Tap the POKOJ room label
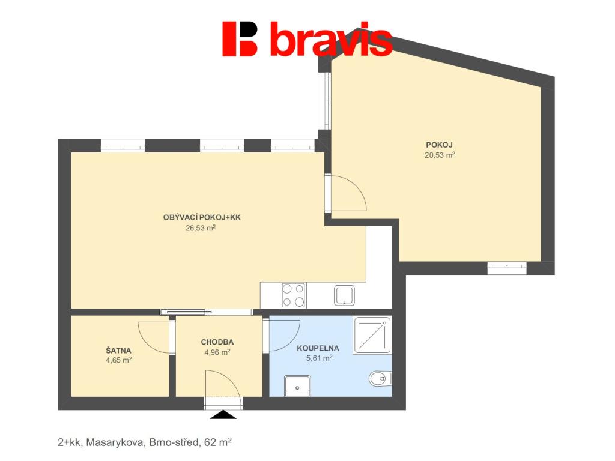439,145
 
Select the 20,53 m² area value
439,155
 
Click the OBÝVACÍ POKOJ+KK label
201,217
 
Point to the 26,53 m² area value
201,227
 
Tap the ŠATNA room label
118,350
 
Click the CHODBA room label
217,342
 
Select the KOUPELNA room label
318,348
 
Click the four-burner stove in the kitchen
293,295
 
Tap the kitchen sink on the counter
344,295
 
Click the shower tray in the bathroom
372,335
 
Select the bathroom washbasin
298,385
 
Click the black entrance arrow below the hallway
223,414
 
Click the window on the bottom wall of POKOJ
506,268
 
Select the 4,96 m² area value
217,352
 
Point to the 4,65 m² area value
118,360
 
